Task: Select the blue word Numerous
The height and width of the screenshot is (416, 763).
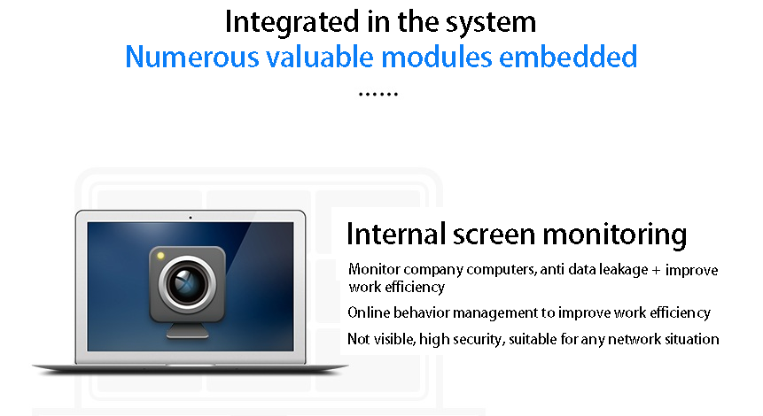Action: point(192,57)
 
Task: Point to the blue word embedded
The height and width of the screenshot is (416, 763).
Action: point(568,57)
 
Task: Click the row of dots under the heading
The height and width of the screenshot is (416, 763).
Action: point(378,94)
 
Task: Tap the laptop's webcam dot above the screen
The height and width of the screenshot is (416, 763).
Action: point(191,217)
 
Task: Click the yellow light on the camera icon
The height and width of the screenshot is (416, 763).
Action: point(160,256)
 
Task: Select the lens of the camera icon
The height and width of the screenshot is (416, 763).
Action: point(187,284)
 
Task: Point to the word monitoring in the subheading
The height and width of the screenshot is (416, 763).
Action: point(615,235)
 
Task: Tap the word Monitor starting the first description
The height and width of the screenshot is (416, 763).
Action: point(374,269)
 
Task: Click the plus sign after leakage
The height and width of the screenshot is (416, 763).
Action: point(656,270)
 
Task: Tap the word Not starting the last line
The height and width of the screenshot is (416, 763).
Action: point(359,339)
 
